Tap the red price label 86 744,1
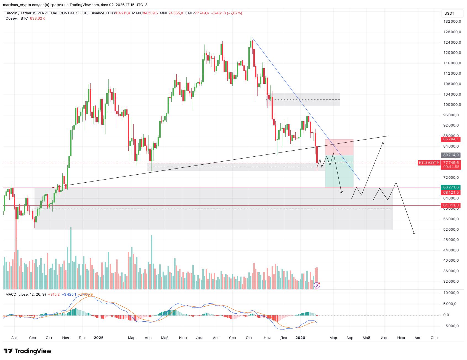450,139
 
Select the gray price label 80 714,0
450,155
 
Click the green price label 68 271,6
450,187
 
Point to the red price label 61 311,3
450,205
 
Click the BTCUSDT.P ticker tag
429,163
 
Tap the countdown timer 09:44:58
450,167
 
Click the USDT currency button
449,13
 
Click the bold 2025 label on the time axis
99,338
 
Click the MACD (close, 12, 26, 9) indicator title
26,294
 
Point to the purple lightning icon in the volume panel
317,285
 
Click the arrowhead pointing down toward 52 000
414,233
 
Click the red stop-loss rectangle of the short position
339,147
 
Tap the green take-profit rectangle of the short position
339,171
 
